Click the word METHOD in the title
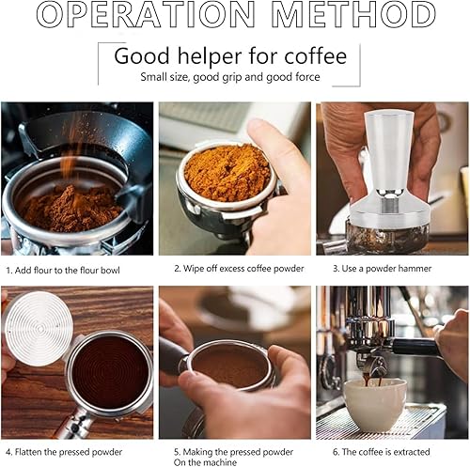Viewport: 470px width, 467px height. [x=353, y=14]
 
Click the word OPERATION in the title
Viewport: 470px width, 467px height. [x=146, y=14]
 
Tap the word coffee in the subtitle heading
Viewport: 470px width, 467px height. [x=315, y=56]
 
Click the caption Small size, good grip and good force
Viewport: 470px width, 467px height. [x=230, y=77]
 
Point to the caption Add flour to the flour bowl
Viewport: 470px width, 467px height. [x=63, y=271]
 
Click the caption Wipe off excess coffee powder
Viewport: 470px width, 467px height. [x=239, y=269]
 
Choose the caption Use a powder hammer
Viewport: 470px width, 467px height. [x=382, y=269]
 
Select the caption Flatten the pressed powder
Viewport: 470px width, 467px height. [x=64, y=452]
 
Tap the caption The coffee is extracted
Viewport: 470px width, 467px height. [x=381, y=452]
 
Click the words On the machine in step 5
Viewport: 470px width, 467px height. [x=205, y=462]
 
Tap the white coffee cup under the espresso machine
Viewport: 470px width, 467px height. [x=375, y=401]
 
